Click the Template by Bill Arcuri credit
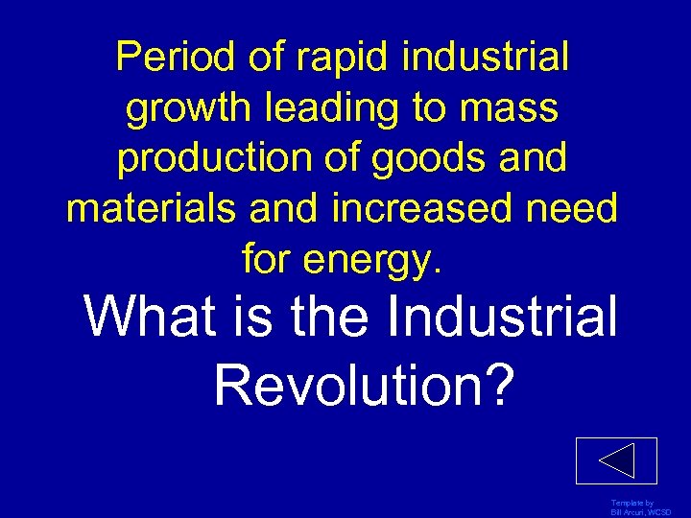[633, 507]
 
